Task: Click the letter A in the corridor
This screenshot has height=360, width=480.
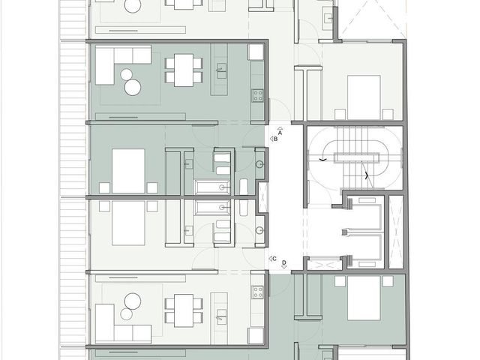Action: [280, 133]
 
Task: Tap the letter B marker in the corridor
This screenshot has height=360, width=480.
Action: [275, 139]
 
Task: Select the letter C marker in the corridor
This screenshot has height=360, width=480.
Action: [274, 259]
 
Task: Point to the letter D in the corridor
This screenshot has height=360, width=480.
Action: [284, 262]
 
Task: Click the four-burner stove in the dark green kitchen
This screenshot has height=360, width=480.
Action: [257, 95]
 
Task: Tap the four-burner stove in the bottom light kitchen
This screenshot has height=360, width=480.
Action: [257, 292]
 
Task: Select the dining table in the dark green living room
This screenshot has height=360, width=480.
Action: [184, 70]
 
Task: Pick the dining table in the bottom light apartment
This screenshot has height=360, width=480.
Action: [184, 310]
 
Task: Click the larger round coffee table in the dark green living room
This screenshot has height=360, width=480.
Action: [133, 87]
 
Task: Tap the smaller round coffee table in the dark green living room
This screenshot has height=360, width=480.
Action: [126, 74]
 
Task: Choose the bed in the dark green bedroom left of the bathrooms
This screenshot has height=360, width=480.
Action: [128, 171]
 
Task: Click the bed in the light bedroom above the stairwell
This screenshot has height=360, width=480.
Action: [364, 97]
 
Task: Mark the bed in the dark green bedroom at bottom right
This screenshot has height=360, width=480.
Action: [364, 298]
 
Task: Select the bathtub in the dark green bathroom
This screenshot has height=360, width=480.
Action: [212, 187]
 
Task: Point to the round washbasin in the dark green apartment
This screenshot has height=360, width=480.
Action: [259, 164]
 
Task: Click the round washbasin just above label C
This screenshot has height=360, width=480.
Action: [259, 230]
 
